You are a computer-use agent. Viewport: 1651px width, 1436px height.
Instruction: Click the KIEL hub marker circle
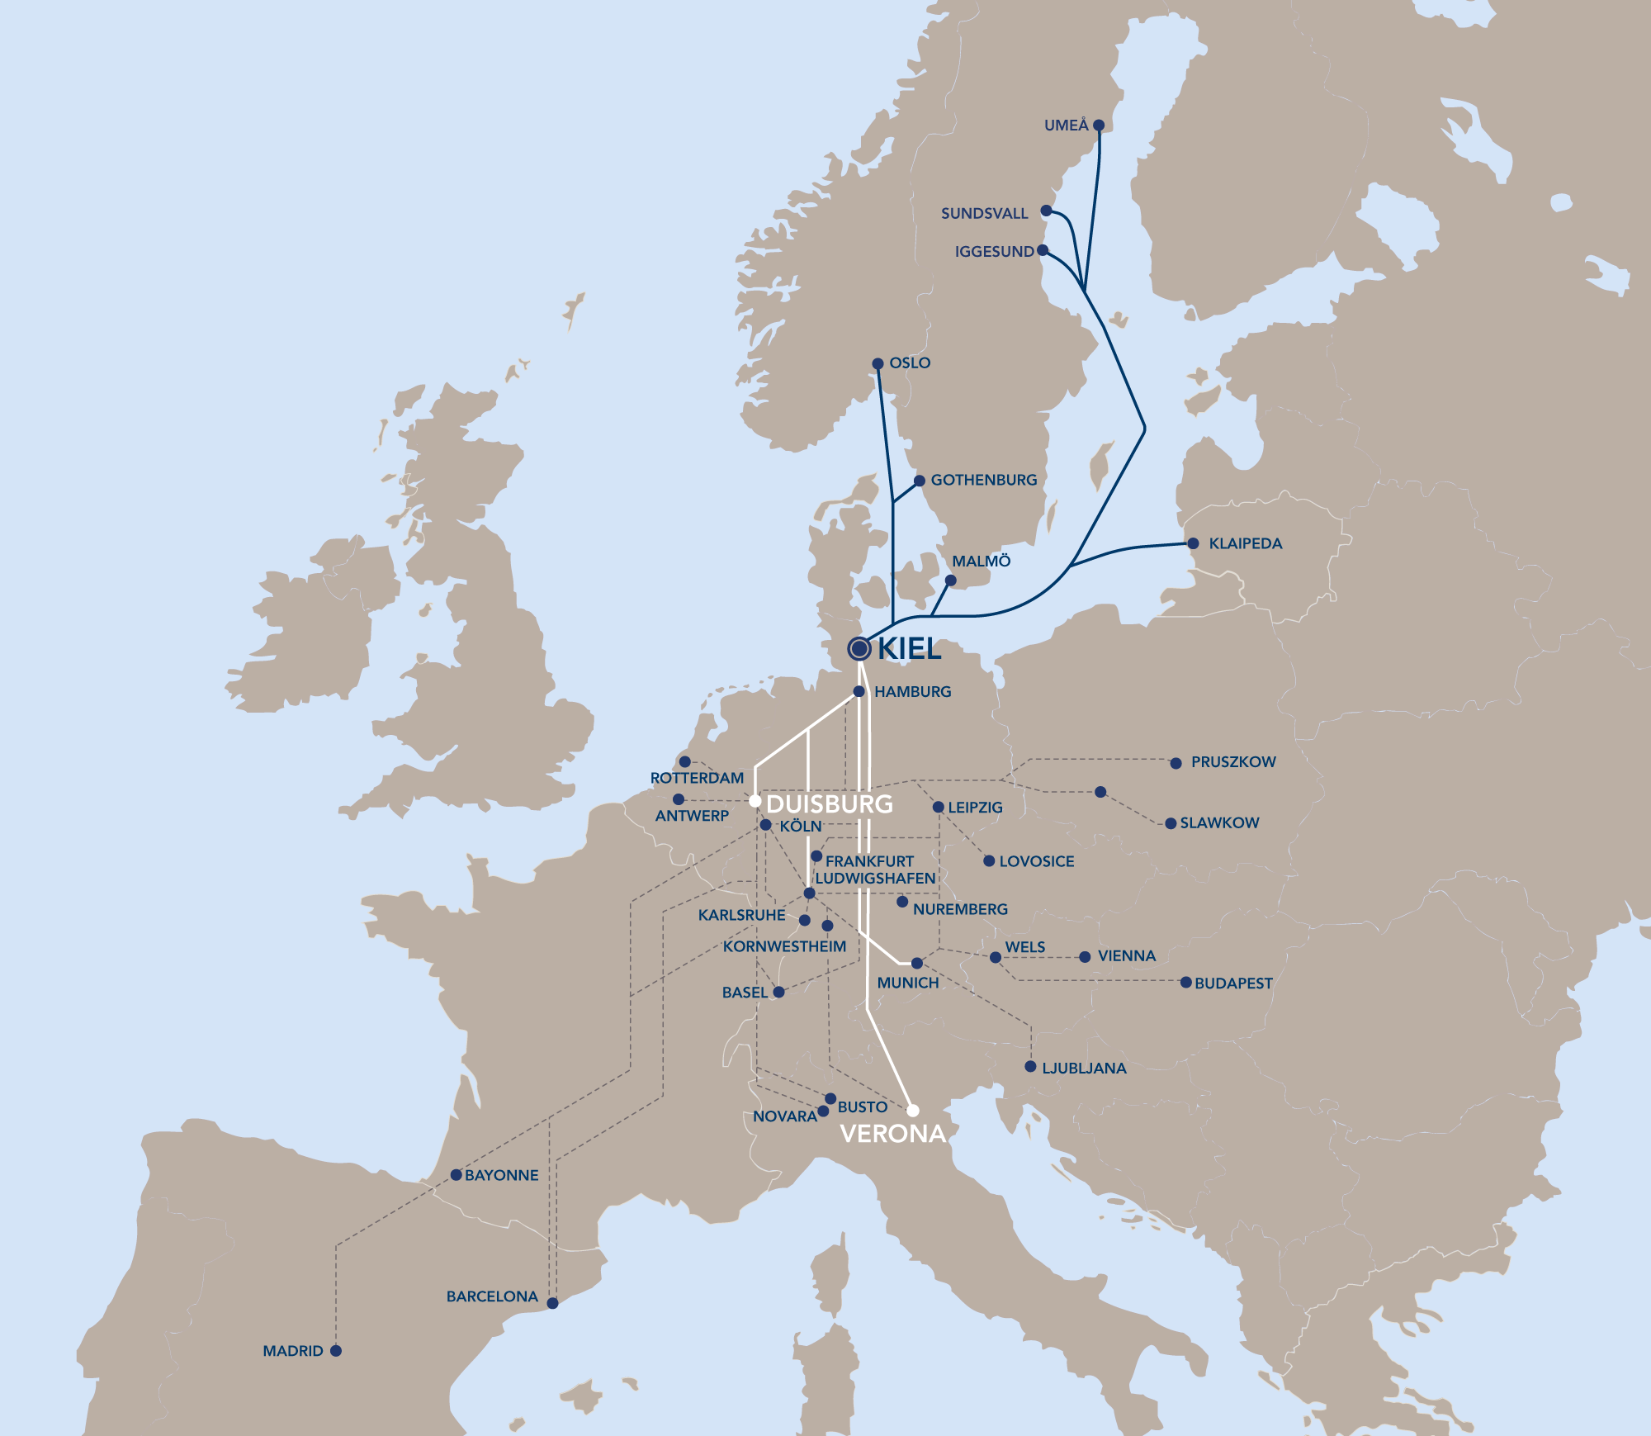859,648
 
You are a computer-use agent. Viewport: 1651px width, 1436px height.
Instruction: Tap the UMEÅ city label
1066,126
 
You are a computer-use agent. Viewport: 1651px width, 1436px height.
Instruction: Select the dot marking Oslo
878,363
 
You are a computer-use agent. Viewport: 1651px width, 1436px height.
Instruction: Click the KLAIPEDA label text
1245,543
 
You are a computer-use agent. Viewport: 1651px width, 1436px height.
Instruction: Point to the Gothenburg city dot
920,481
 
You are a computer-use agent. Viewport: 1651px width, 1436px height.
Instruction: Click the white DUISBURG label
829,804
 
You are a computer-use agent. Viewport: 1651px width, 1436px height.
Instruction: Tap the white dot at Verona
913,1111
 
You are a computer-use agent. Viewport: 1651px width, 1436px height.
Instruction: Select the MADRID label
293,1351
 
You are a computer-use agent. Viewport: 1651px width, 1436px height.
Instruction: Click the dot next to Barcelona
553,1303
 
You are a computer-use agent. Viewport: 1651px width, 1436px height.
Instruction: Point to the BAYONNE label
501,1175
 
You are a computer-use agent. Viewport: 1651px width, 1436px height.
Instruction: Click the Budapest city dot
1185,983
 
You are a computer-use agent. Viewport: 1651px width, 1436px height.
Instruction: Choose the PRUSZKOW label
1233,762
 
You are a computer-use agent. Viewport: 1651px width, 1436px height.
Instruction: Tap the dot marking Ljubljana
1030,1067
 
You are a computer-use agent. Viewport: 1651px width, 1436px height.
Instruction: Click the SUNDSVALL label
984,214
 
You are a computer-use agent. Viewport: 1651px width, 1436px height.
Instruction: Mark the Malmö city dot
950,581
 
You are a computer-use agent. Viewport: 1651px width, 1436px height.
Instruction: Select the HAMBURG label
912,692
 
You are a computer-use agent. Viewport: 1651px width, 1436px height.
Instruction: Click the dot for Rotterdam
684,761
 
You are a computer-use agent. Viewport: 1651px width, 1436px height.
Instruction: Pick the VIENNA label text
1126,956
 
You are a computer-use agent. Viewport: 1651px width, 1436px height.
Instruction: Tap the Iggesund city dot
1043,250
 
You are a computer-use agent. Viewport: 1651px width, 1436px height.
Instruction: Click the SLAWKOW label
1219,823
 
